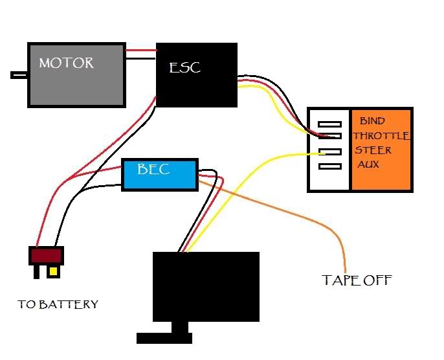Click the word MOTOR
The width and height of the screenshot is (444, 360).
coord(66,63)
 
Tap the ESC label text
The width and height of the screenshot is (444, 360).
coord(184,67)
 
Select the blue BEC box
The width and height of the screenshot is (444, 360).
coord(159,174)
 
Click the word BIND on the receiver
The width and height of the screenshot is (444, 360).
coord(372,120)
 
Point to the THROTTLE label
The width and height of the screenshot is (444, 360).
coord(382,136)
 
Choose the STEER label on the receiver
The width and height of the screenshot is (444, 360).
coord(373,150)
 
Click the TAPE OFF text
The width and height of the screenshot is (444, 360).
coord(357,280)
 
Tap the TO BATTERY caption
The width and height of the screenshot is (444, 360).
coord(58,304)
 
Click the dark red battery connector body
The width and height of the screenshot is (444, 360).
coord(47,255)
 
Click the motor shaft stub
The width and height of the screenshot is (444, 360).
coord(19,75)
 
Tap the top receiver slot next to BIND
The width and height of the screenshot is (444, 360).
coord(330,123)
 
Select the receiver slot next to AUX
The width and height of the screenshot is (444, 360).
coord(330,166)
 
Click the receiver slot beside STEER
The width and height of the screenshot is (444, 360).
coord(330,152)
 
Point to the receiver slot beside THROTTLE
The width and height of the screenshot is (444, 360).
coord(330,136)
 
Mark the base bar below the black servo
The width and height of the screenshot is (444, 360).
coord(164,337)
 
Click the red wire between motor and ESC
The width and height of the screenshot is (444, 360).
coord(140,51)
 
